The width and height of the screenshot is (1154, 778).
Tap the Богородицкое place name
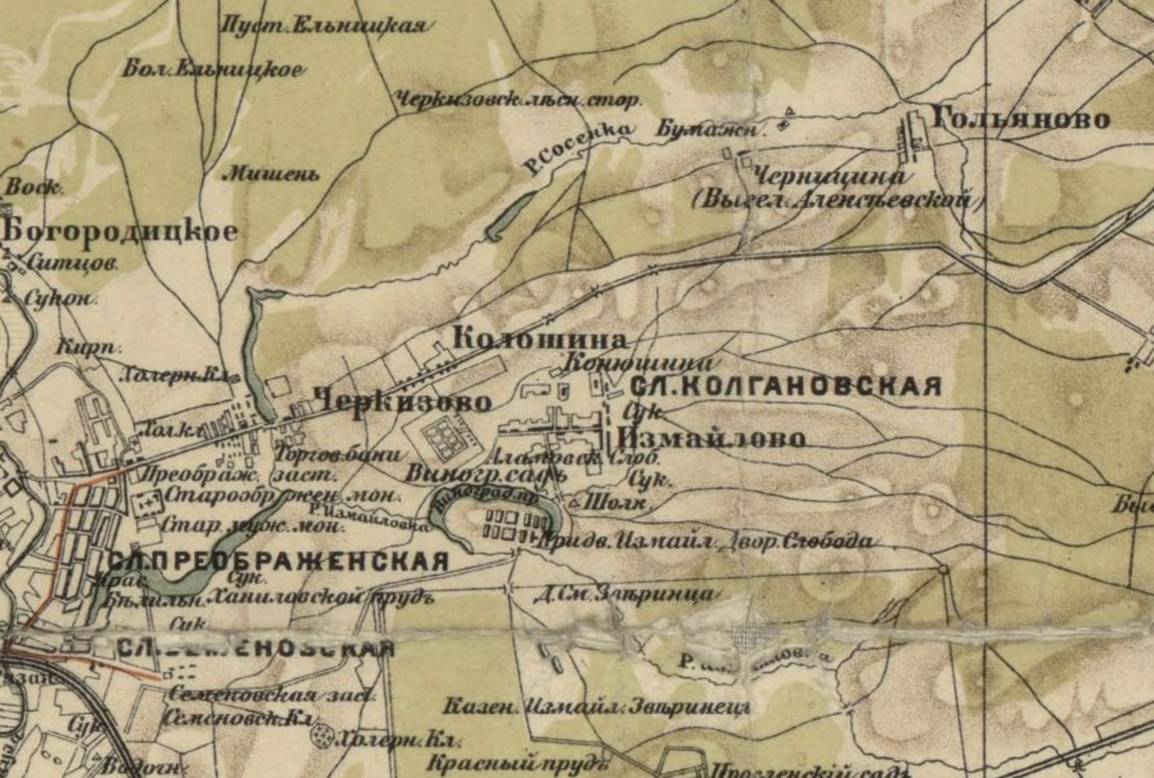[x=119, y=232]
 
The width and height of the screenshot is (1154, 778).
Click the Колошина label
[x=539, y=339]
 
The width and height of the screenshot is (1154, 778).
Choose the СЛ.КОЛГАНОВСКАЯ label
[x=784, y=387]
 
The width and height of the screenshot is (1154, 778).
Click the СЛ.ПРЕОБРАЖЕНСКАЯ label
[x=278, y=563]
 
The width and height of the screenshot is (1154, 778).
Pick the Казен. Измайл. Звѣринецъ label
[x=596, y=708]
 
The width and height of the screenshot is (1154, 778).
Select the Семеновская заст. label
[x=254, y=695]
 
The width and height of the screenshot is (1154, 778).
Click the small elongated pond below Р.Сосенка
[x=510, y=217]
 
